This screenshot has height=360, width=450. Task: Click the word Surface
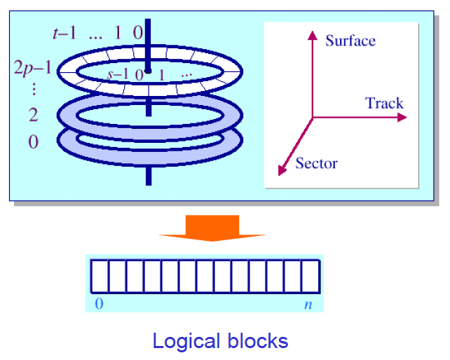tap(350, 41)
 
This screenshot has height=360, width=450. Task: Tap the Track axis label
tap(384, 104)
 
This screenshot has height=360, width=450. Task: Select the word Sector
tap(316, 164)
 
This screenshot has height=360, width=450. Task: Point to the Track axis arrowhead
tap(402, 117)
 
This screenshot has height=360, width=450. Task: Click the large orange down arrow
tap(212, 228)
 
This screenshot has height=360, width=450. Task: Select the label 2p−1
tap(32, 69)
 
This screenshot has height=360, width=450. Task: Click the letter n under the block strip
tap(308, 304)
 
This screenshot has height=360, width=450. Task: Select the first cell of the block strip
tap(100, 276)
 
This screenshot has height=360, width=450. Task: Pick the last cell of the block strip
tap(311, 276)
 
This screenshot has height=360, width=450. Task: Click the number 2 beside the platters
tap(33, 116)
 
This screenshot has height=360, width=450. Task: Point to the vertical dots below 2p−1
tap(33, 91)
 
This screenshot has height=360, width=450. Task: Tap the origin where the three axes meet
tap(313, 117)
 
